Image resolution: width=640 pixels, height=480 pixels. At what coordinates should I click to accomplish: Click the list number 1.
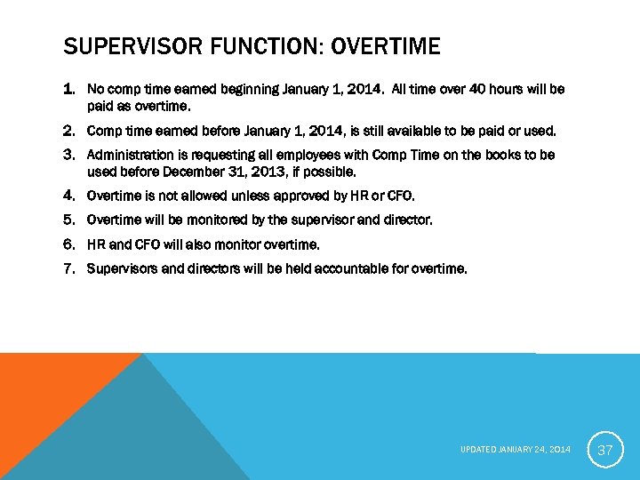click(68, 90)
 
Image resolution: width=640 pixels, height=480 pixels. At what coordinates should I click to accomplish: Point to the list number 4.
click(68, 196)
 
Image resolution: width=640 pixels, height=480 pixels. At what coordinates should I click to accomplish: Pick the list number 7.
click(68, 268)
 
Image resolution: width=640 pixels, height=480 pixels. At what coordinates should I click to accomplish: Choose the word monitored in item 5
click(196, 220)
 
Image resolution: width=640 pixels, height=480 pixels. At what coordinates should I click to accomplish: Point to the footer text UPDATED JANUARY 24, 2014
click(516, 450)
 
